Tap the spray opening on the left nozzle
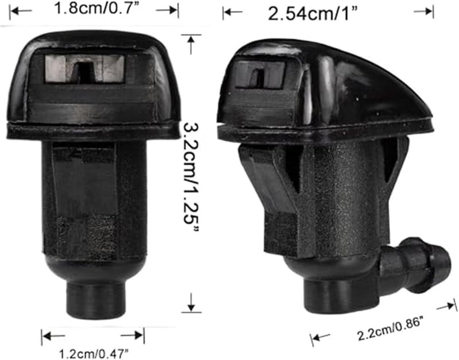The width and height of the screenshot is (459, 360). point(84,70)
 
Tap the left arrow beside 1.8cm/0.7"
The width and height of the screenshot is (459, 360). point(21,10)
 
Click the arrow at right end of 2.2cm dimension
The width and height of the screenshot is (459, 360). point(445,307)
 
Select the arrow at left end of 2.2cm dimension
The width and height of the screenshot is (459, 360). point(320,338)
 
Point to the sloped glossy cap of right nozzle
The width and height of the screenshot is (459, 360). point(367,86)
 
